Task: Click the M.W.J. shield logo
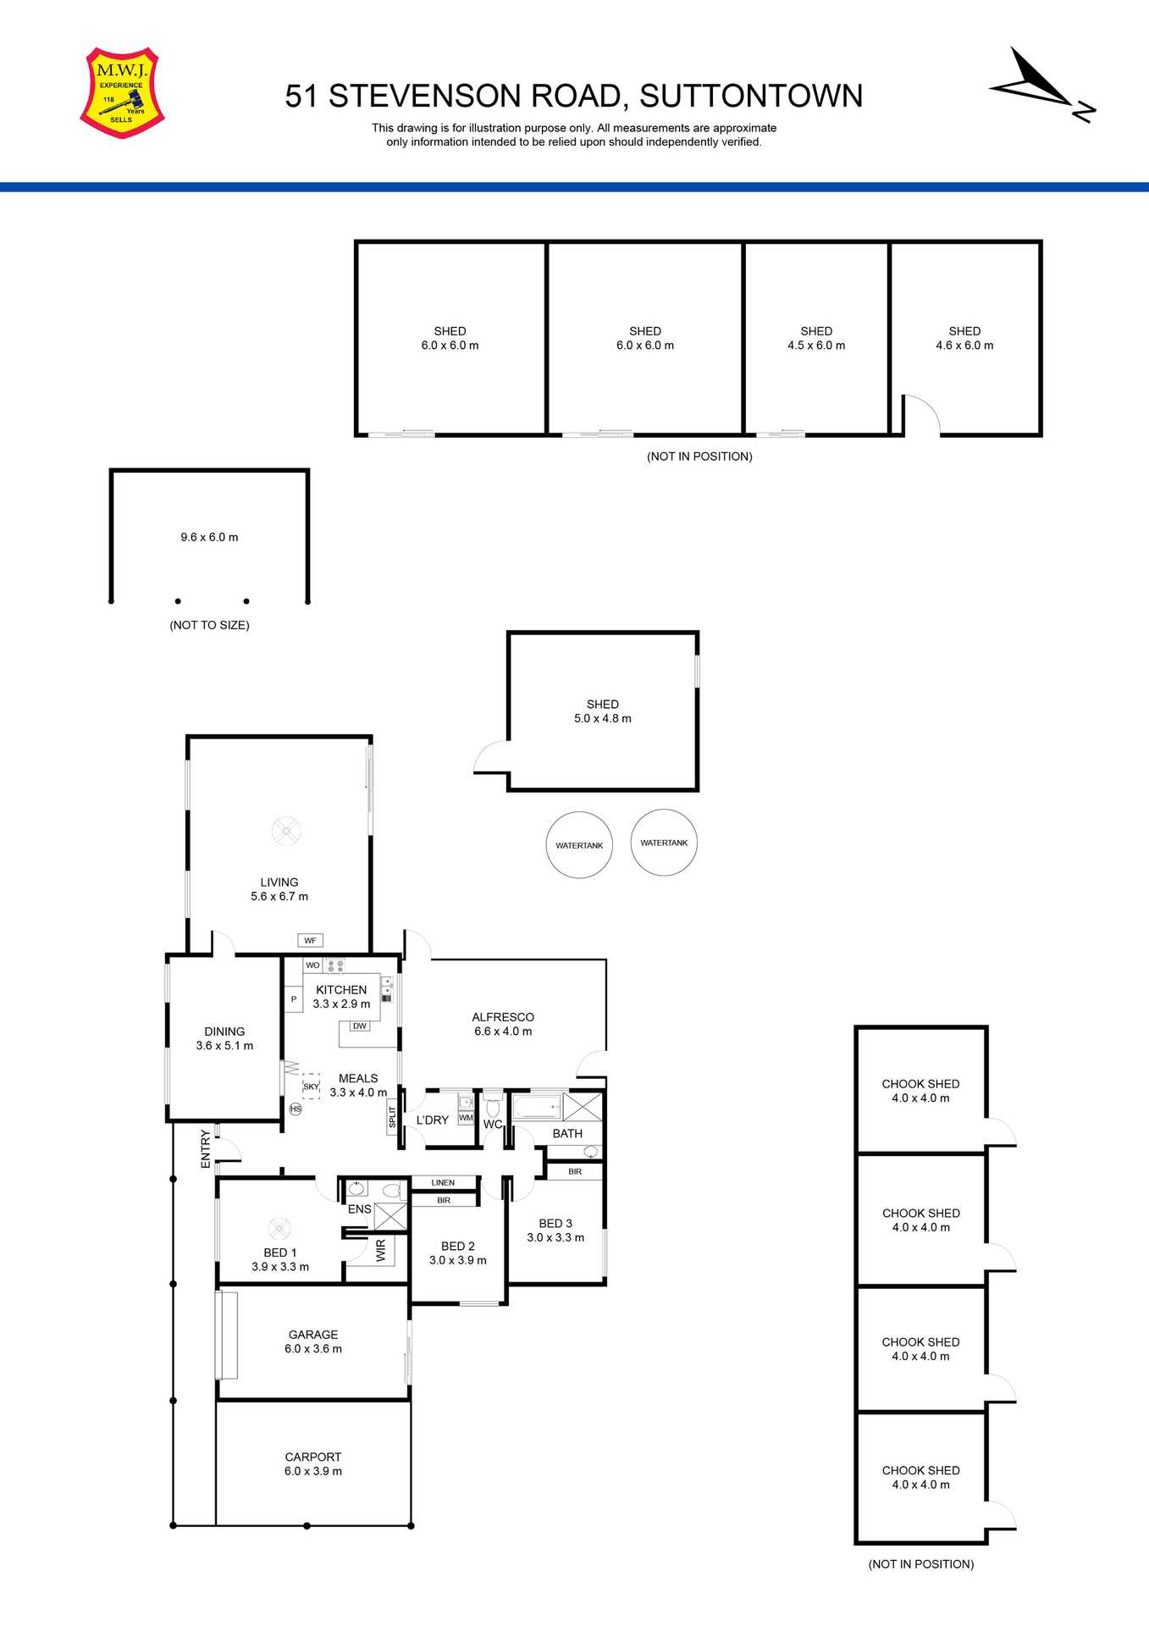point(122,92)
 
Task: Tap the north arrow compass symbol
point(1042,85)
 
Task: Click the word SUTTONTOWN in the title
point(751,97)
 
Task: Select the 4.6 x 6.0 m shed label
point(964,339)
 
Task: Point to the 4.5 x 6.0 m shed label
point(816,339)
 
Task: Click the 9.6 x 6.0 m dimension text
point(209,537)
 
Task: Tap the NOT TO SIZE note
point(209,625)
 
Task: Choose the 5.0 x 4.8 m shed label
point(603,711)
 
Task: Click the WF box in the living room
point(310,940)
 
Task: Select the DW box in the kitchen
point(360,1026)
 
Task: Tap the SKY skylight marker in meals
point(311,1087)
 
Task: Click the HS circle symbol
point(296,1109)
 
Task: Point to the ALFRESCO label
point(503,1024)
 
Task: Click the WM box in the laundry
point(466,1118)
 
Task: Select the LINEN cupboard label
point(443,1182)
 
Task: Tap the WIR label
point(380,1251)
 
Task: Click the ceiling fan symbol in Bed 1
point(279,1228)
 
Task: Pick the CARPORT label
point(313,1463)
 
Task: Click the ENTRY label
point(205,1149)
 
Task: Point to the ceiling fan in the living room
point(286,831)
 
